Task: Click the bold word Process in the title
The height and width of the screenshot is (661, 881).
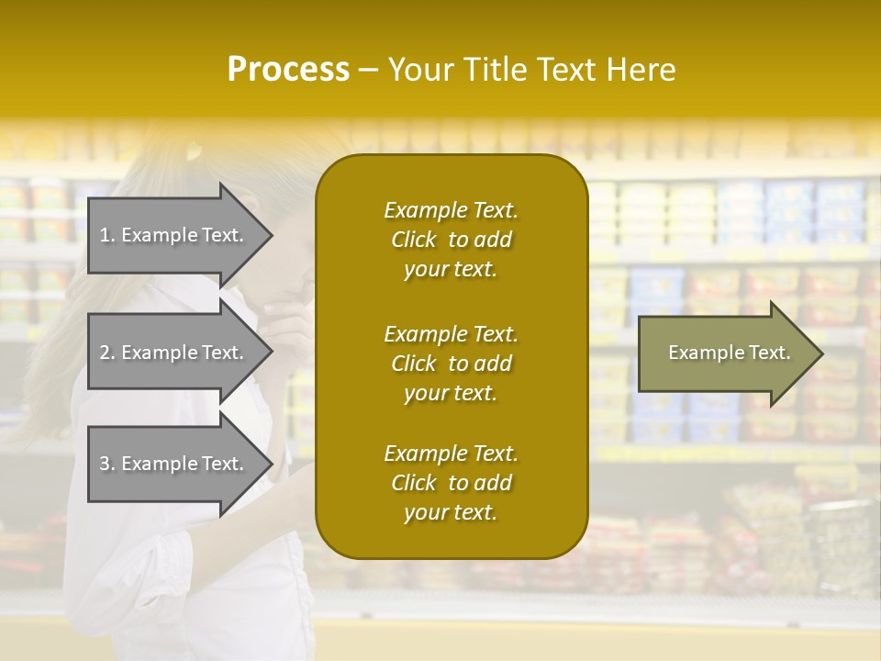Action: (288, 70)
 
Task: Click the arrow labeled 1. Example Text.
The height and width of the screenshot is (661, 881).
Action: (174, 235)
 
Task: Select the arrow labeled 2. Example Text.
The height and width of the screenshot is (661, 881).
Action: (174, 353)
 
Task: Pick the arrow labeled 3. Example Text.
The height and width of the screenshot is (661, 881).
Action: (174, 464)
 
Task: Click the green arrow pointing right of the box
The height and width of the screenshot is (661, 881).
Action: (725, 353)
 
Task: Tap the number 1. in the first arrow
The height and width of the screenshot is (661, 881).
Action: (107, 235)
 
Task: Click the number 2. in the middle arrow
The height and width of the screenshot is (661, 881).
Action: (107, 353)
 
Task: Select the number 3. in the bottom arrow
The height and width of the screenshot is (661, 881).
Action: (107, 464)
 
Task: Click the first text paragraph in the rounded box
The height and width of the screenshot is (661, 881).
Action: (451, 240)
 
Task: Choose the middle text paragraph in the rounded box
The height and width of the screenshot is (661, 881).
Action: (451, 364)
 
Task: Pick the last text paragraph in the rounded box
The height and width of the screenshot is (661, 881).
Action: (451, 483)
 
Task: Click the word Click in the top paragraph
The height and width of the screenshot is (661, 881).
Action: (414, 240)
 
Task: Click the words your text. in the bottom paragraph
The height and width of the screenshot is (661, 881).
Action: (451, 513)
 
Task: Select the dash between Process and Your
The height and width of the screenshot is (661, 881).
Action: (368, 71)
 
